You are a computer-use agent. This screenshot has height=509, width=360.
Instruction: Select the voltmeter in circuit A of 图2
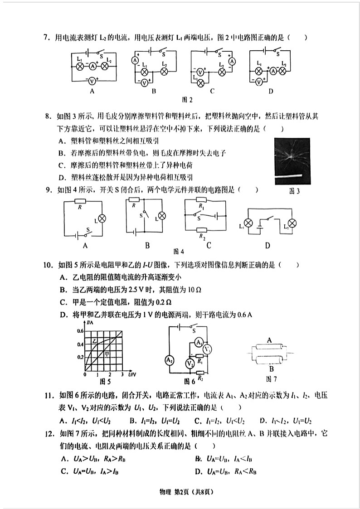pyautogui.click(x=91, y=81)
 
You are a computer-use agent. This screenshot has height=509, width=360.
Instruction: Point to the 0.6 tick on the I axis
pyautogui.click(x=80, y=331)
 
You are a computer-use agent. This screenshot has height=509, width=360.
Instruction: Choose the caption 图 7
pyautogui.click(x=271, y=378)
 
